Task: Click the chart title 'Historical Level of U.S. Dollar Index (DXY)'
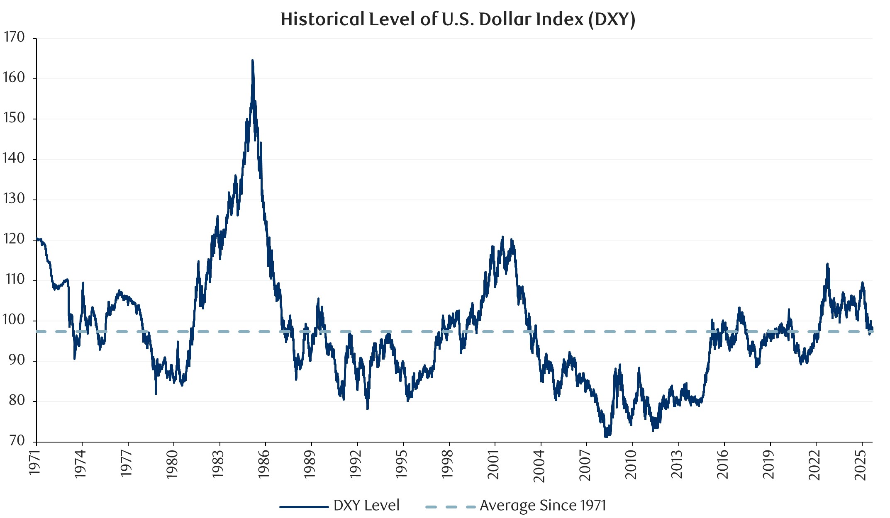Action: (x=458, y=19)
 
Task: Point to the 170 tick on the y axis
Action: (x=14, y=37)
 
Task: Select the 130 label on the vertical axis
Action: (x=14, y=199)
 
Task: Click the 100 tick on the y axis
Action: (x=14, y=320)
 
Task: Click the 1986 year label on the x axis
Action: (x=264, y=464)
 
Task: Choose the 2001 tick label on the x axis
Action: (x=494, y=464)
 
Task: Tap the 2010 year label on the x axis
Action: (x=632, y=464)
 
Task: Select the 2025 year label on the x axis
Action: (x=861, y=464)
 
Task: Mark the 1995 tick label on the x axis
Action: (x=402, y=464)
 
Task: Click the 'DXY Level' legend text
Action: (x=366, y=505)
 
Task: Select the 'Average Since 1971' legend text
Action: (x=543, y=505)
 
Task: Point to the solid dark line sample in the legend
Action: (x=304, y=506)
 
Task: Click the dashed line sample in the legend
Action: (x=450, y=506)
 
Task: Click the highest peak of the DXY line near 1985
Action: (x=252, y=61)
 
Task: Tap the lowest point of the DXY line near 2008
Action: (x=606, y=436)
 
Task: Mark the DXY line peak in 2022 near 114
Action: (x=827, y=264)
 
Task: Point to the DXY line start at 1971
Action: (x=37, y=238)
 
